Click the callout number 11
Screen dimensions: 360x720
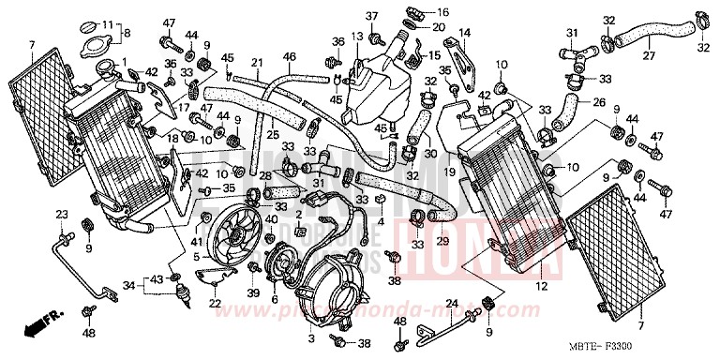point(107,24)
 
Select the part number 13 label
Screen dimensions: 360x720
point(356,37)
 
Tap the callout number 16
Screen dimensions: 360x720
point(443,13)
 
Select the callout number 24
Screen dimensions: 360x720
point(450,303)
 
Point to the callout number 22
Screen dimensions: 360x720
point(215,302)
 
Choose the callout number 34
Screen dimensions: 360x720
point(129,278)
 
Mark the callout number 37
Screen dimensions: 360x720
point(370,16)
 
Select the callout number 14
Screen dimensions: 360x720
point(463,34)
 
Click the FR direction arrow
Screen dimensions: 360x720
point(38,326)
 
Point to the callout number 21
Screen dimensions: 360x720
point(254,63)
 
